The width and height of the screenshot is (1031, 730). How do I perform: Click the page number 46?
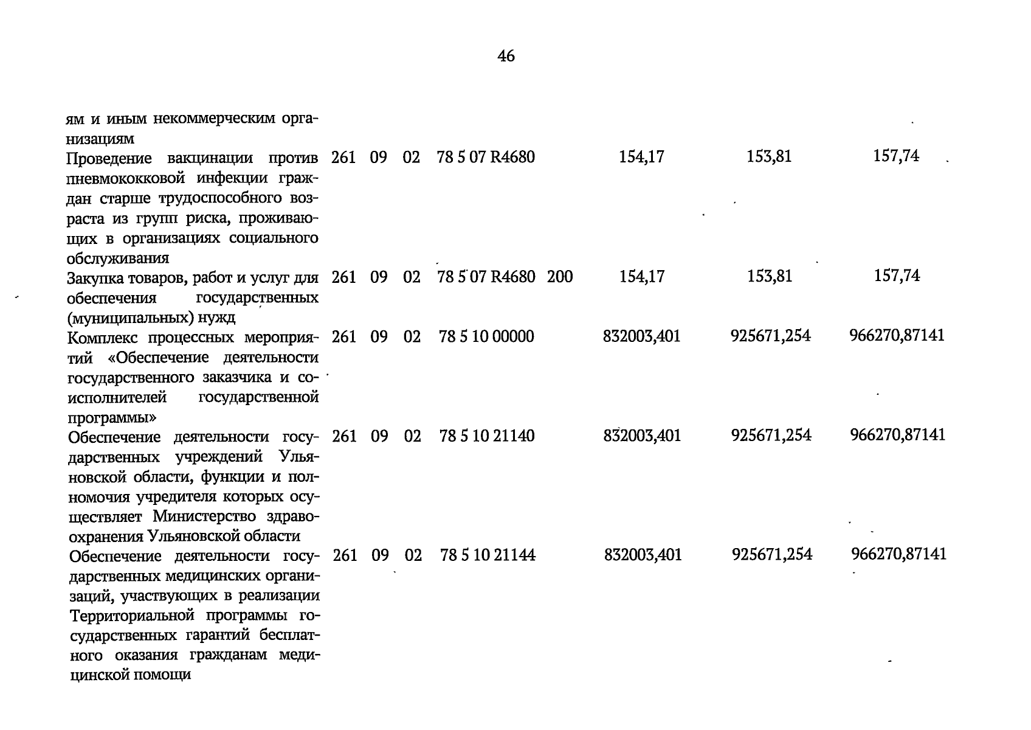(x=506, y=57)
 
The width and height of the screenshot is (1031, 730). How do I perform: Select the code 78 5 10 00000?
(x=486, y=336)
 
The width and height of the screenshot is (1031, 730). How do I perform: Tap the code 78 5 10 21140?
(x=487, y=436)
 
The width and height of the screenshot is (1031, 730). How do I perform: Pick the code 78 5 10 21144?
(x=488, y=555)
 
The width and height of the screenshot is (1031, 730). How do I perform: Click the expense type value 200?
(x=560, y=277)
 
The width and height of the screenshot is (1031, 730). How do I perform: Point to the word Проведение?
(x=109, y=159)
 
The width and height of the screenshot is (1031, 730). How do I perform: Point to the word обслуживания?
(x=117, y=258)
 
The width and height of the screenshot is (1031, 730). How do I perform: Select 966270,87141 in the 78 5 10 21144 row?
(x=898, y=554)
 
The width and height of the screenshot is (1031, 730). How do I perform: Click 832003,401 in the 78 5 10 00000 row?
(x=641, y=336)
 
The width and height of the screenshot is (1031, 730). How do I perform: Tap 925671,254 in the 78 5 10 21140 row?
(x=771, y=436)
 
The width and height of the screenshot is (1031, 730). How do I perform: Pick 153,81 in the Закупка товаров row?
(x=770, y=277)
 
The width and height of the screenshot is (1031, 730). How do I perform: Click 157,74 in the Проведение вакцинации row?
(x=897, y=157)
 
